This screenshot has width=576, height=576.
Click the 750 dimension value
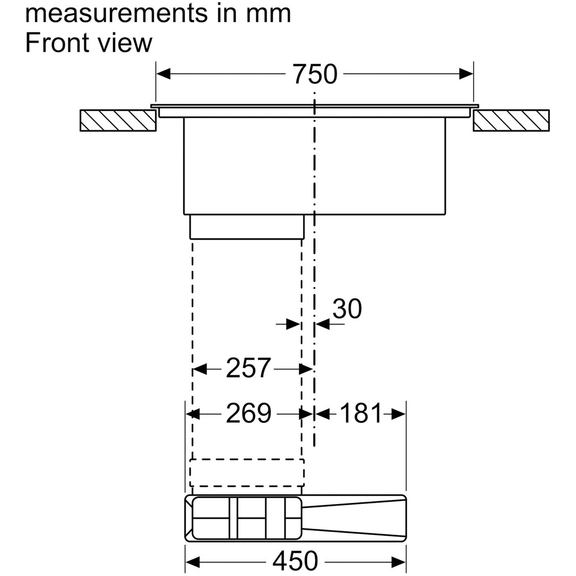(315, 74)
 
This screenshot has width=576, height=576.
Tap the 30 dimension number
(347, 309)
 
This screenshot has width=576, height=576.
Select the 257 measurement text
(248, 367)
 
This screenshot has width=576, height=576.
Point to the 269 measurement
(248, 413)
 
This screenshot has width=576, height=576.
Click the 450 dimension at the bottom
(295, 561)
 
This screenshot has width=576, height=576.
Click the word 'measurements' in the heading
(116, 13)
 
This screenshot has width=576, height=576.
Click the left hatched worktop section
(118, 120)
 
